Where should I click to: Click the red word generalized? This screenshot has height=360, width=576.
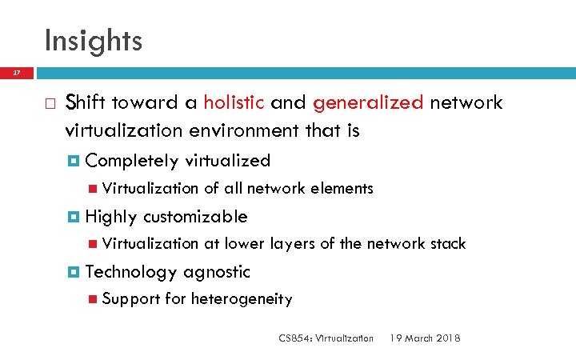(x=369, y=102)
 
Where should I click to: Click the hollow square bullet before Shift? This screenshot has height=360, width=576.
(x=50, y=104)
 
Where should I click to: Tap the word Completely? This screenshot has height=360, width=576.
(x=132, y=161)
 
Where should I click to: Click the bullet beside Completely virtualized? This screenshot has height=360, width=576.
(x=74, y=161)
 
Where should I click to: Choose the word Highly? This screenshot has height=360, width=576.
(x=110, y=217)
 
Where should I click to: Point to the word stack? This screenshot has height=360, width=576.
(x=447, y=243)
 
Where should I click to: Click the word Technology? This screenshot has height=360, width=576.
(x=131, y=272)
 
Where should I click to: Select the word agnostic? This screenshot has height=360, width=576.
(x=218, y=272)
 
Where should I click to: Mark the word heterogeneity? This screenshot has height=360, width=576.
(x=242, y=299)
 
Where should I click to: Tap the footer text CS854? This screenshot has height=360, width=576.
(x=294, y=338)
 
